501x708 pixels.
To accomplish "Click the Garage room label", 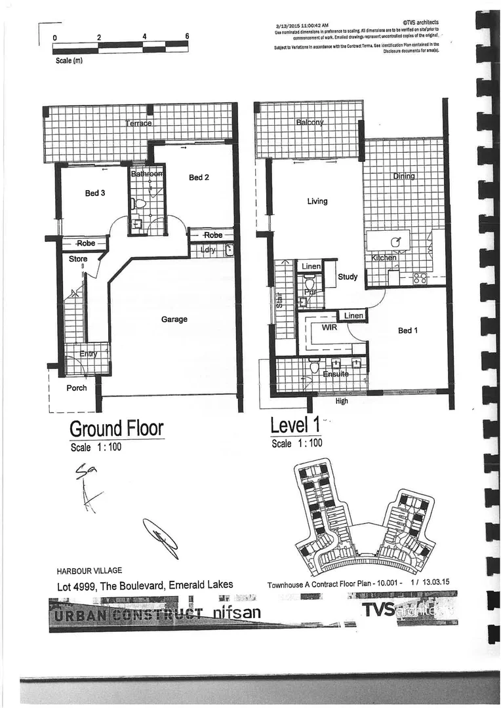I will pos(174,319).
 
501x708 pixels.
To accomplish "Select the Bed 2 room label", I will pos(199,178).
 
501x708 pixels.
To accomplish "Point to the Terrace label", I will pos(138,123).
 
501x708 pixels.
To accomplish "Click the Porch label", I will pos(76,387).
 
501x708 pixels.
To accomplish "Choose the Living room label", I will pos(317,201).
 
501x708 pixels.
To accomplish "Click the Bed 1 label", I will pos(408,330).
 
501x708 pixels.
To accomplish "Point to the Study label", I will pos(348,277).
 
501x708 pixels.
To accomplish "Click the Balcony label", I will pos(310,123).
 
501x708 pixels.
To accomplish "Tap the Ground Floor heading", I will pos(116,429).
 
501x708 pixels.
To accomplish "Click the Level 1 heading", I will pos(296,425).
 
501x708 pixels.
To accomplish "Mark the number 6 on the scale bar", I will pos(188,37).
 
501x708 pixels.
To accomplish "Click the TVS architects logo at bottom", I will pos(407,610).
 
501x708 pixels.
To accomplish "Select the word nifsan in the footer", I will pos(237,613).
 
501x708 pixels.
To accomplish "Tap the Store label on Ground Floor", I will pos(78,259).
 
